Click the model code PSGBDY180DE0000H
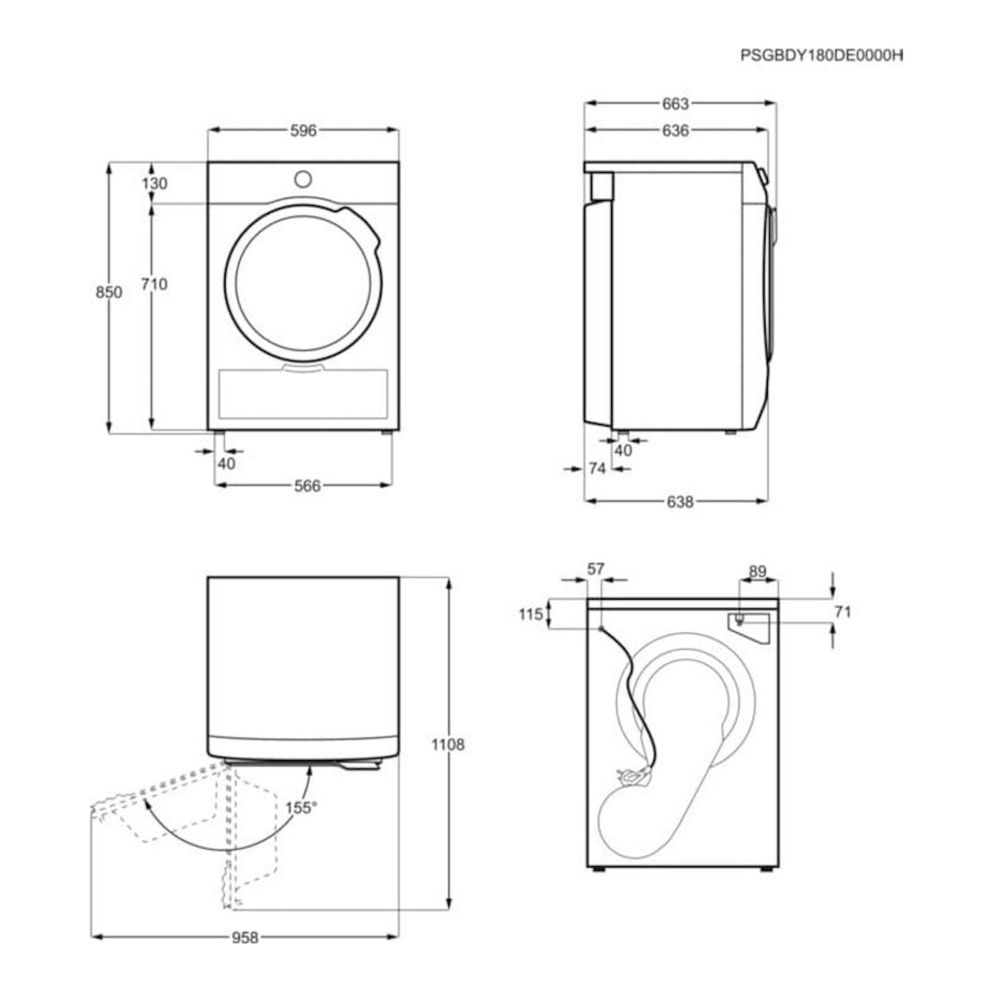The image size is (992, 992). [x=821, y=56]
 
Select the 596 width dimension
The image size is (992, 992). [x=303, y=130]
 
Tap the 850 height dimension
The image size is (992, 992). [x=109, y=292]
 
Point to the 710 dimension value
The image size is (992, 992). [x=154, y=283]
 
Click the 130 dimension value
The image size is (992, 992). [x=154, y=183]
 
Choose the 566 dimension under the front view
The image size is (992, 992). [x=307, y=485]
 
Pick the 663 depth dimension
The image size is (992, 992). [x=675, y=103]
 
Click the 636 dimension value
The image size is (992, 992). [x=675, y=130]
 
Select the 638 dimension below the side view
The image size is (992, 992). [x=680, y=502]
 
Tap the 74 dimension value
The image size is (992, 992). [x=597, y=468]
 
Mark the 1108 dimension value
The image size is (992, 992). [x=448, y=745]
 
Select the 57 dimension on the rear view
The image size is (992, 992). [x=595, y=569]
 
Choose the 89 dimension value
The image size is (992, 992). [x=758, y=571]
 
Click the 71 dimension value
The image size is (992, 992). [x=843, y=612]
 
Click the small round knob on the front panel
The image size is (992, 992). [x=303, y=179]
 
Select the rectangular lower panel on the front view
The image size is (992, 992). [x=303, y=394]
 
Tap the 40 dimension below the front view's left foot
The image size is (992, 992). [x=226, y=463]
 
